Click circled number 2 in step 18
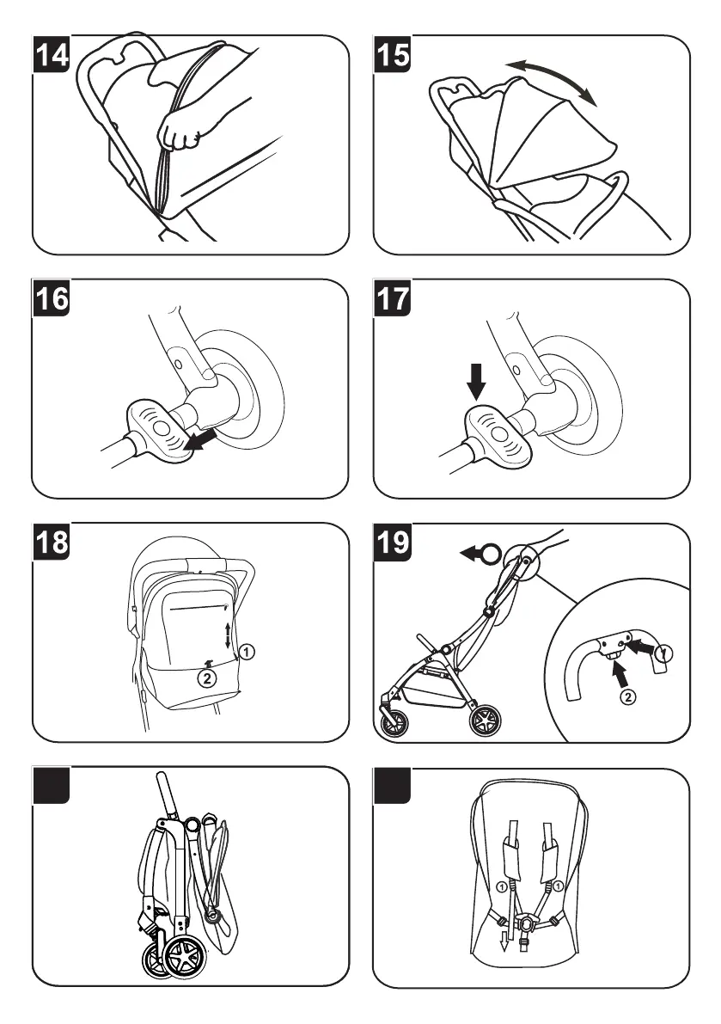[206, 678]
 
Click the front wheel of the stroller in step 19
[395, 720]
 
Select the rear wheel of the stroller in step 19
[487, 718]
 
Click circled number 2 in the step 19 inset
[628, 697]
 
